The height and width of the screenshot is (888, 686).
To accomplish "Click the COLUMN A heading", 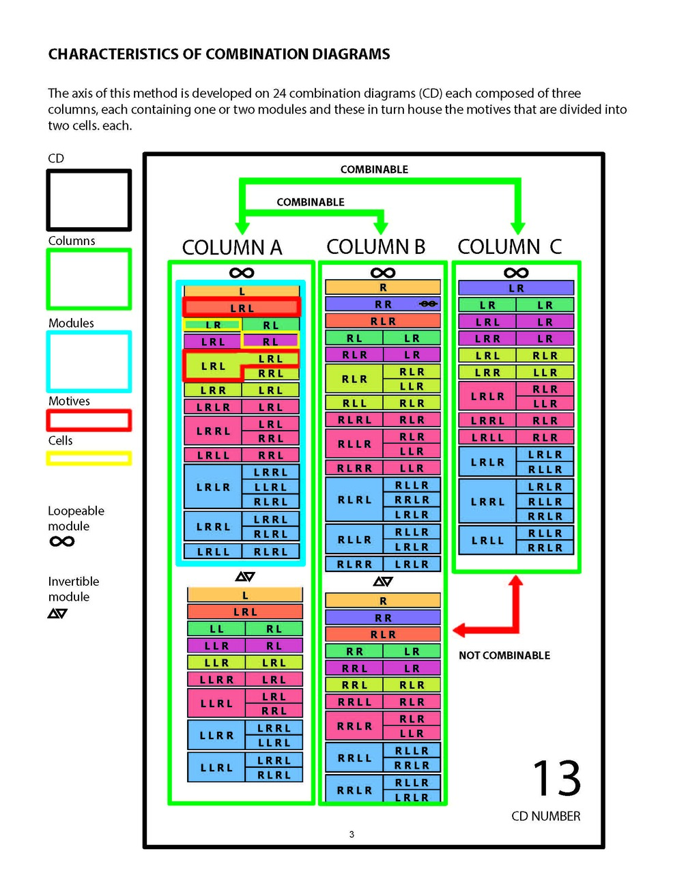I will pos(231,247).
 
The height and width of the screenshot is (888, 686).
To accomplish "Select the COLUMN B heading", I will pos(375,246).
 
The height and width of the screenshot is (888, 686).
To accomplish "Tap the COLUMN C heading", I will pos(509,246).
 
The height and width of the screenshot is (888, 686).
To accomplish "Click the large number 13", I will pos(556,779).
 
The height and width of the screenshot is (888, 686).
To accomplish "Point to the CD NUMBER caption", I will pos(545,816).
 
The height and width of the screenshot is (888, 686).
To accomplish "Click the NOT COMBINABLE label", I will pos(504,655).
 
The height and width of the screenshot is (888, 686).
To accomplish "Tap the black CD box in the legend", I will pos(89,200).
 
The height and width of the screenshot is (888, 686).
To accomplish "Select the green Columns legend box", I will pos(89,279).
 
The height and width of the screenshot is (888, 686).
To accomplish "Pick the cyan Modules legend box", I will pos(89,362).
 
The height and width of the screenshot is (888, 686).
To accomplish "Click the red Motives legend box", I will pos(89,420).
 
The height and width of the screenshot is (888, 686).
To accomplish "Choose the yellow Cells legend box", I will pos(89,458).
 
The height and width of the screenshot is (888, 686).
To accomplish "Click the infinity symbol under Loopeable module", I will pos(62,542).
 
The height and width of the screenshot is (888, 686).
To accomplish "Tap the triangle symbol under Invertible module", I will pos(57,614).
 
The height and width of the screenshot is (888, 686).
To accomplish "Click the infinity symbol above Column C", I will pos(516,273).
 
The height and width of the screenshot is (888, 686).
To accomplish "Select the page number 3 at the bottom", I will pos(352,834).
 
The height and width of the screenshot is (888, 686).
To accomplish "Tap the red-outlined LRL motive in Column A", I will pos(242,308).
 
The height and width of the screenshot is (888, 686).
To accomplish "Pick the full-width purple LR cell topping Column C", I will pos(516,288).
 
